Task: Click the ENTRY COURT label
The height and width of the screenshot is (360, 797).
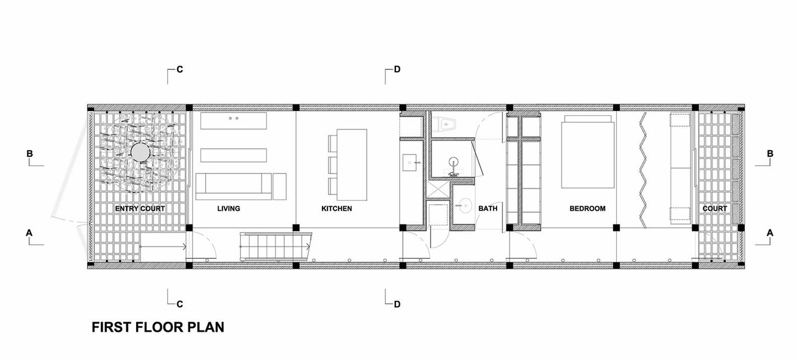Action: [140, 209]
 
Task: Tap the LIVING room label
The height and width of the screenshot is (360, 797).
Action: [229, 209]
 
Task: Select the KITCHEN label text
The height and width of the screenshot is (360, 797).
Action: [337, 209]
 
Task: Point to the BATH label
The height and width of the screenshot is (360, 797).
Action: [488, 209]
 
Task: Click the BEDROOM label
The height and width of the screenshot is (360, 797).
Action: [587, 209]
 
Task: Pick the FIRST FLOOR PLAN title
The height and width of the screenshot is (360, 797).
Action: [158, 327]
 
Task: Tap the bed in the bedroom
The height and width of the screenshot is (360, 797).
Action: [588, 151]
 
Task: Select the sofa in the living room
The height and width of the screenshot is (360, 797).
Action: [234, 186]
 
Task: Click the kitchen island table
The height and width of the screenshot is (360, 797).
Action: [352, 165]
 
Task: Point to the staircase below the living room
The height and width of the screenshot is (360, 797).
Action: [275, 247]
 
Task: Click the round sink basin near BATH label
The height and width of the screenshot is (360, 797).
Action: [464, 205]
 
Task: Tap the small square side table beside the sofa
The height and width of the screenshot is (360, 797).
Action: [280, 186]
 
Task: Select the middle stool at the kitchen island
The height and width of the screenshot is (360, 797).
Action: [333, 165]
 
